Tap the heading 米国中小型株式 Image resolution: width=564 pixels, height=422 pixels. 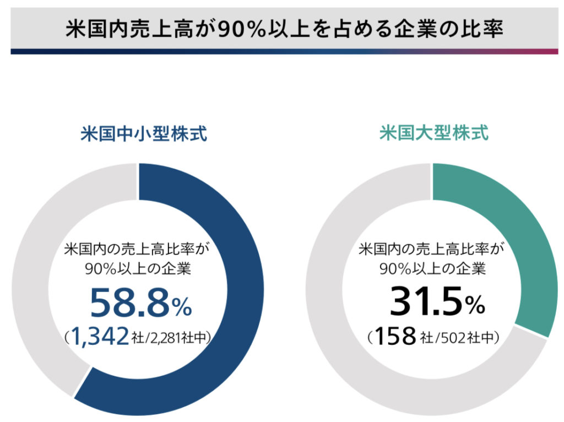144,134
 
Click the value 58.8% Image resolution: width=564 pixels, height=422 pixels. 141,304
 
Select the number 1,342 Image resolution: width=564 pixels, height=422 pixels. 98,337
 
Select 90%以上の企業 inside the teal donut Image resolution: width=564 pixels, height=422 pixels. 432,270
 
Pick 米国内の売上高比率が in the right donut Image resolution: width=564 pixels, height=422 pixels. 432,250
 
